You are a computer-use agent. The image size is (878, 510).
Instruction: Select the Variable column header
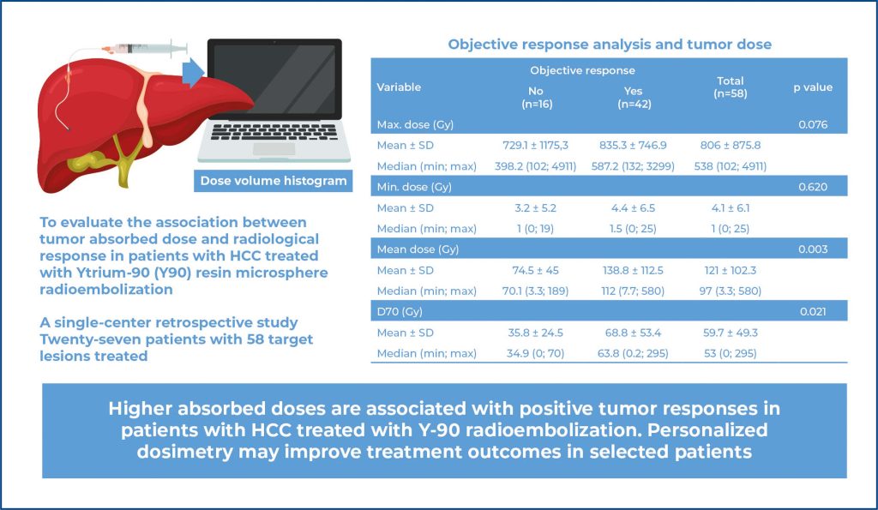pyautogui.click(x=399, y=87)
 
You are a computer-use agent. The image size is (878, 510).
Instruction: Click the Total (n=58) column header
pyautogui.click(x=731, y=87)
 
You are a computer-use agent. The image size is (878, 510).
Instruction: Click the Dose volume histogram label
pyautogui.click(x=273, y=181)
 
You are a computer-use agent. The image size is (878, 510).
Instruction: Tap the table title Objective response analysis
pyautogui.click(x=610, y=44)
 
